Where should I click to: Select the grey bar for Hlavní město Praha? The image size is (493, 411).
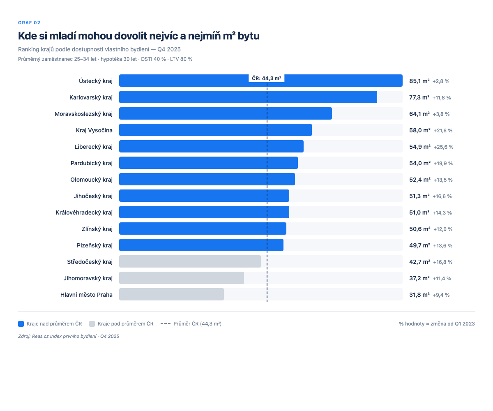click(x=171, y=294)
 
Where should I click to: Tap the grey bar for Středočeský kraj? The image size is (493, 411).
click(x=190, y=261)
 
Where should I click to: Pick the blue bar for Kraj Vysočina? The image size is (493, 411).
click(x=215, y=130)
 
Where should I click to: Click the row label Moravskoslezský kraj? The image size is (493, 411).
click(x=83, y=114)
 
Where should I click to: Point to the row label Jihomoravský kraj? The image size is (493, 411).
click(x=88, y=278)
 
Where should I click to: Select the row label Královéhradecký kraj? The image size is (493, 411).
click(x=84, y=212)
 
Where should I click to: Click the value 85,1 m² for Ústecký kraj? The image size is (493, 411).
click(x=419, y=81)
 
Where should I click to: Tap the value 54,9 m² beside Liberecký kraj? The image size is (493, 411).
click(x=419, y=147)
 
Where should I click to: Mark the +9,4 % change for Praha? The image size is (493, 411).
click(x=441, y=295)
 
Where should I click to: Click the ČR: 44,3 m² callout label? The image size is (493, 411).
click(x=267, y=79)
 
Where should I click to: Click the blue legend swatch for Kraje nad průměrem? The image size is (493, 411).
click(x=21, y=324)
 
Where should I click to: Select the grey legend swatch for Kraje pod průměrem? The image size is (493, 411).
click(x=92, y=324)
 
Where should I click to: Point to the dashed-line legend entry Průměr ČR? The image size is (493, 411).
click(x=191, y=324)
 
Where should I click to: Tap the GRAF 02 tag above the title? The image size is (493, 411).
click(x=29, y=23)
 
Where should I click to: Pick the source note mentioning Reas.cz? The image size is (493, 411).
click(x=69, y=336)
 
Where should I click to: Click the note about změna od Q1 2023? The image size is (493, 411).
click(x=437, y=324)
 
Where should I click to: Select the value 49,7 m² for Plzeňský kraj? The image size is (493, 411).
click(x=419, y=245)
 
